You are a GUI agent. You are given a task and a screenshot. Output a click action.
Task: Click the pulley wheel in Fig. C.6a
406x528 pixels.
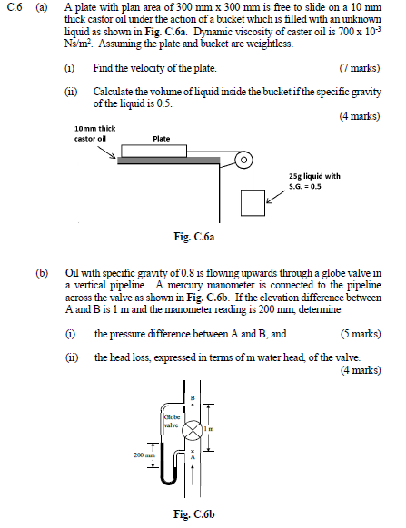[x=243, y=159]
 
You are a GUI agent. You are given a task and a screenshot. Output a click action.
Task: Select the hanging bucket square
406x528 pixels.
[x=253, y=202]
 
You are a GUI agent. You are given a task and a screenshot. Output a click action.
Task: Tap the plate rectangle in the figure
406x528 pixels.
[x=153, y=151]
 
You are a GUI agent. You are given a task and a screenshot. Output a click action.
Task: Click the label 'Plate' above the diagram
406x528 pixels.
[x=161, y=139]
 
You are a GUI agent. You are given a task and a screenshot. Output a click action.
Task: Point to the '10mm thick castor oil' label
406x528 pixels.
[x=94, y=133]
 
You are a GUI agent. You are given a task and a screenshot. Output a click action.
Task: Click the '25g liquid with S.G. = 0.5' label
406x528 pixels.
[x=314, y=181]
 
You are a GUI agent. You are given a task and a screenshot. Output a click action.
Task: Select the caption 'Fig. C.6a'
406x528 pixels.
[x=193, y=237]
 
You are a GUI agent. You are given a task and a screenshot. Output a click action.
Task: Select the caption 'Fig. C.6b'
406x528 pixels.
[x=193, y=514]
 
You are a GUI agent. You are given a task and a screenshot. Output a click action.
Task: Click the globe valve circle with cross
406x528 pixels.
[x=193, y=430]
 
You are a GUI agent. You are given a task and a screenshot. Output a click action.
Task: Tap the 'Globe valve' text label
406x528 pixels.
[x=172, y=421]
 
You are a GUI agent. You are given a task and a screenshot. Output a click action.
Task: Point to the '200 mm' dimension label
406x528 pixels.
[x=144, y=455]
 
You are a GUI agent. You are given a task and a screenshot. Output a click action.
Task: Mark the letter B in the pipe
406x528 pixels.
[x=193, y=397]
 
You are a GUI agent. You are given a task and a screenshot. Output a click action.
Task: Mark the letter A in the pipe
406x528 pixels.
[x=193, y=457]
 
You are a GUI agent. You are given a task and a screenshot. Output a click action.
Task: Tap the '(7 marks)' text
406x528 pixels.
[x=360, y=68]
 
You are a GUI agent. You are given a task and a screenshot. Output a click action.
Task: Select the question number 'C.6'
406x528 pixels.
[x=15, y=7]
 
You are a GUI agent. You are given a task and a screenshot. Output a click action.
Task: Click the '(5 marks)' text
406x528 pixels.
[x=361, y=334]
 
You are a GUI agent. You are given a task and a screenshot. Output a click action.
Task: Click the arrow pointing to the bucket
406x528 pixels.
[x=276, y=197]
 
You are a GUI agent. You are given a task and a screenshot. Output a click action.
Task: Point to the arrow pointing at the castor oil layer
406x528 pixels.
[x=107, y=152]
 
